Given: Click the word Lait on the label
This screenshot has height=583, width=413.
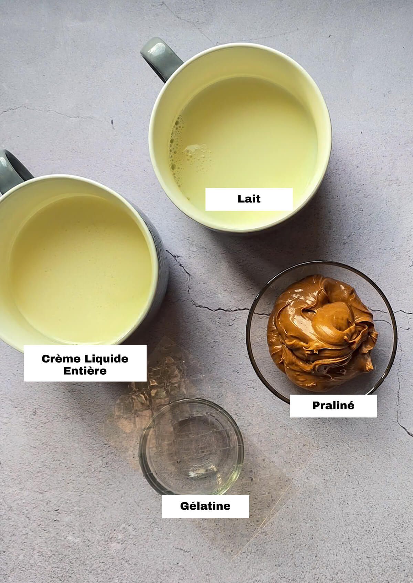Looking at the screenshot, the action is (x=249, y=199).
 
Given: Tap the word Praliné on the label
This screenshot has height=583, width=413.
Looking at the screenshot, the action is (x=333, y=405).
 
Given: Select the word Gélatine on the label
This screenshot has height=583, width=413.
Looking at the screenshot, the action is (x=205, y=506).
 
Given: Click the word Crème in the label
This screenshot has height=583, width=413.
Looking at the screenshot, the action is (x=61, y=358).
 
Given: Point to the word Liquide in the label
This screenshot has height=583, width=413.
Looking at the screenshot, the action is (x=106, y=358).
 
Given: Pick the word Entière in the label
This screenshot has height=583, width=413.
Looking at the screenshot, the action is (x=85, y=371).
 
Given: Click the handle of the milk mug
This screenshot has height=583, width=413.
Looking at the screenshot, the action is (x=160, y=58).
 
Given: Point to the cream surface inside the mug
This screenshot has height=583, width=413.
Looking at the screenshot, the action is (x=81, y=268).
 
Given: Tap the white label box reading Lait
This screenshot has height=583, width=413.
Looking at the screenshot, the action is (x=249, y=199).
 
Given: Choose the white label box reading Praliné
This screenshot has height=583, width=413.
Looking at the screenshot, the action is (x=333, y=406).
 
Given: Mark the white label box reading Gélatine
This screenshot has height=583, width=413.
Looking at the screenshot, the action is (x=205, y=506).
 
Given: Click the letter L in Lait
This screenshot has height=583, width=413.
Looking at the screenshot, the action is (x=241, y=199).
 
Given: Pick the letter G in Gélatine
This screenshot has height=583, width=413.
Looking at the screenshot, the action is (x=184, y=506).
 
